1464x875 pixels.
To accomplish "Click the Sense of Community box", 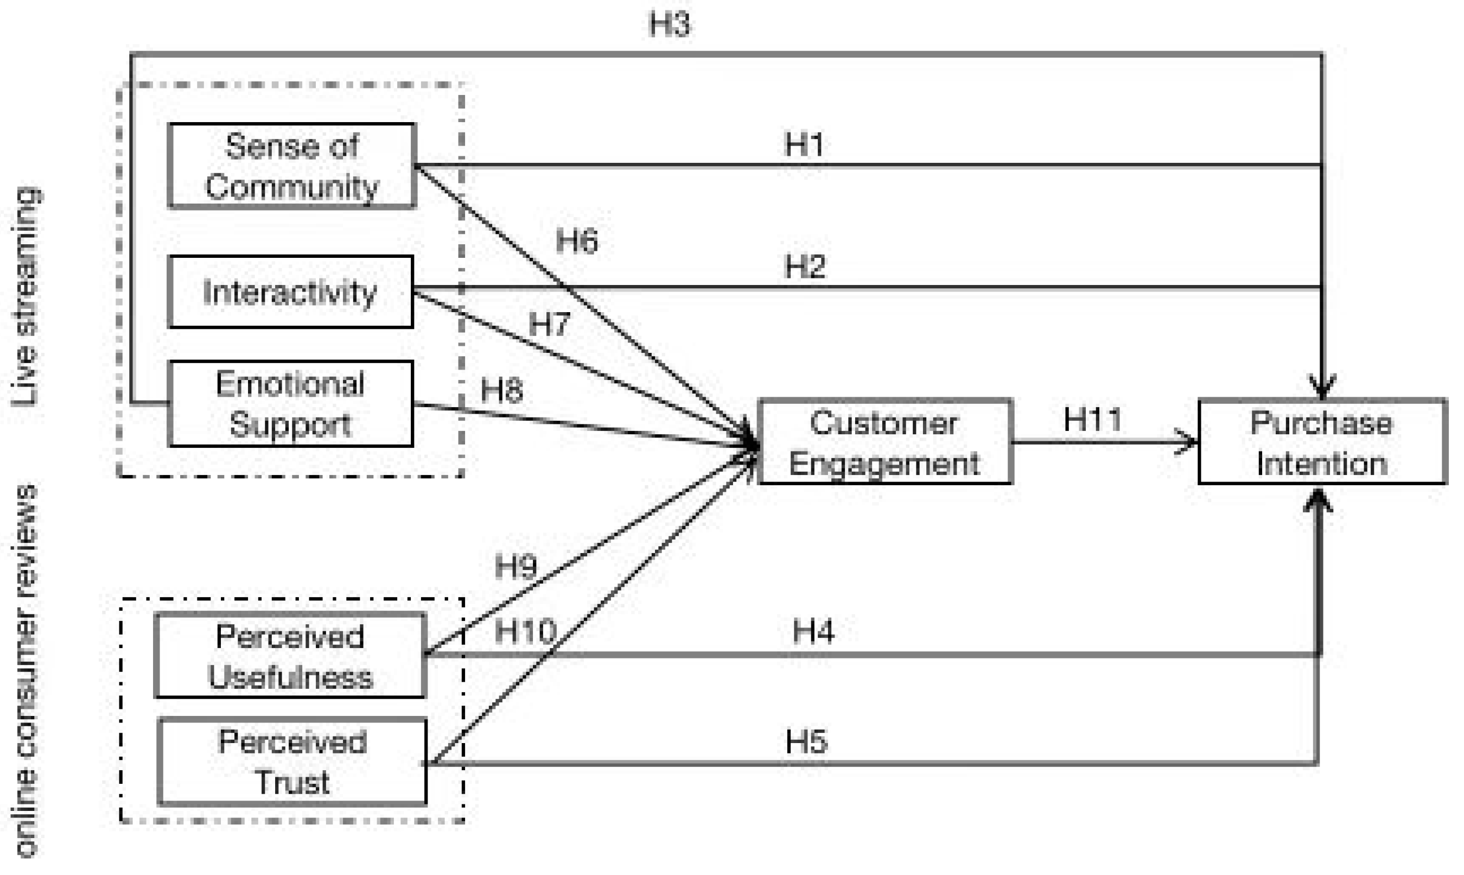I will [291, 166].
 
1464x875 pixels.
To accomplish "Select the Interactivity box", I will [290, 292].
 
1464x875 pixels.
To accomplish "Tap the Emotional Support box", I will [290, 404].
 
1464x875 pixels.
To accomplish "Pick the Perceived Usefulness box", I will [290, 656].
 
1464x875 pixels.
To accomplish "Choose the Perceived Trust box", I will [292, 762].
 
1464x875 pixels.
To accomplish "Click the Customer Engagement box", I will [884, 442].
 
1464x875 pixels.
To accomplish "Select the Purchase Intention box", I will [1321, 442].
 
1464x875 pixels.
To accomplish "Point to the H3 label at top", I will [669, 25].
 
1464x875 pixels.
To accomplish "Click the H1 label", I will [804, 144].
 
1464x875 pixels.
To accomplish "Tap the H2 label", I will [805, 267].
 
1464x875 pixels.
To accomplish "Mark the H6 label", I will [576, 240].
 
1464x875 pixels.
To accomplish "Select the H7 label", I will [549, 324].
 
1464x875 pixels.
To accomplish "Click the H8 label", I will [501, 390].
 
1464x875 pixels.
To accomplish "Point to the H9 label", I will [515, 567].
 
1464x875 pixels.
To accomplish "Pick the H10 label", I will [525, 631].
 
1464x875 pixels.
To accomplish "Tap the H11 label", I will [1092, 420].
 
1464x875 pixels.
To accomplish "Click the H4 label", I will [813, 631].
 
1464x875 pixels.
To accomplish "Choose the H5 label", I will [806, 741].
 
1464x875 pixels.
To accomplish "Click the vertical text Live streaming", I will [26, 296].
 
